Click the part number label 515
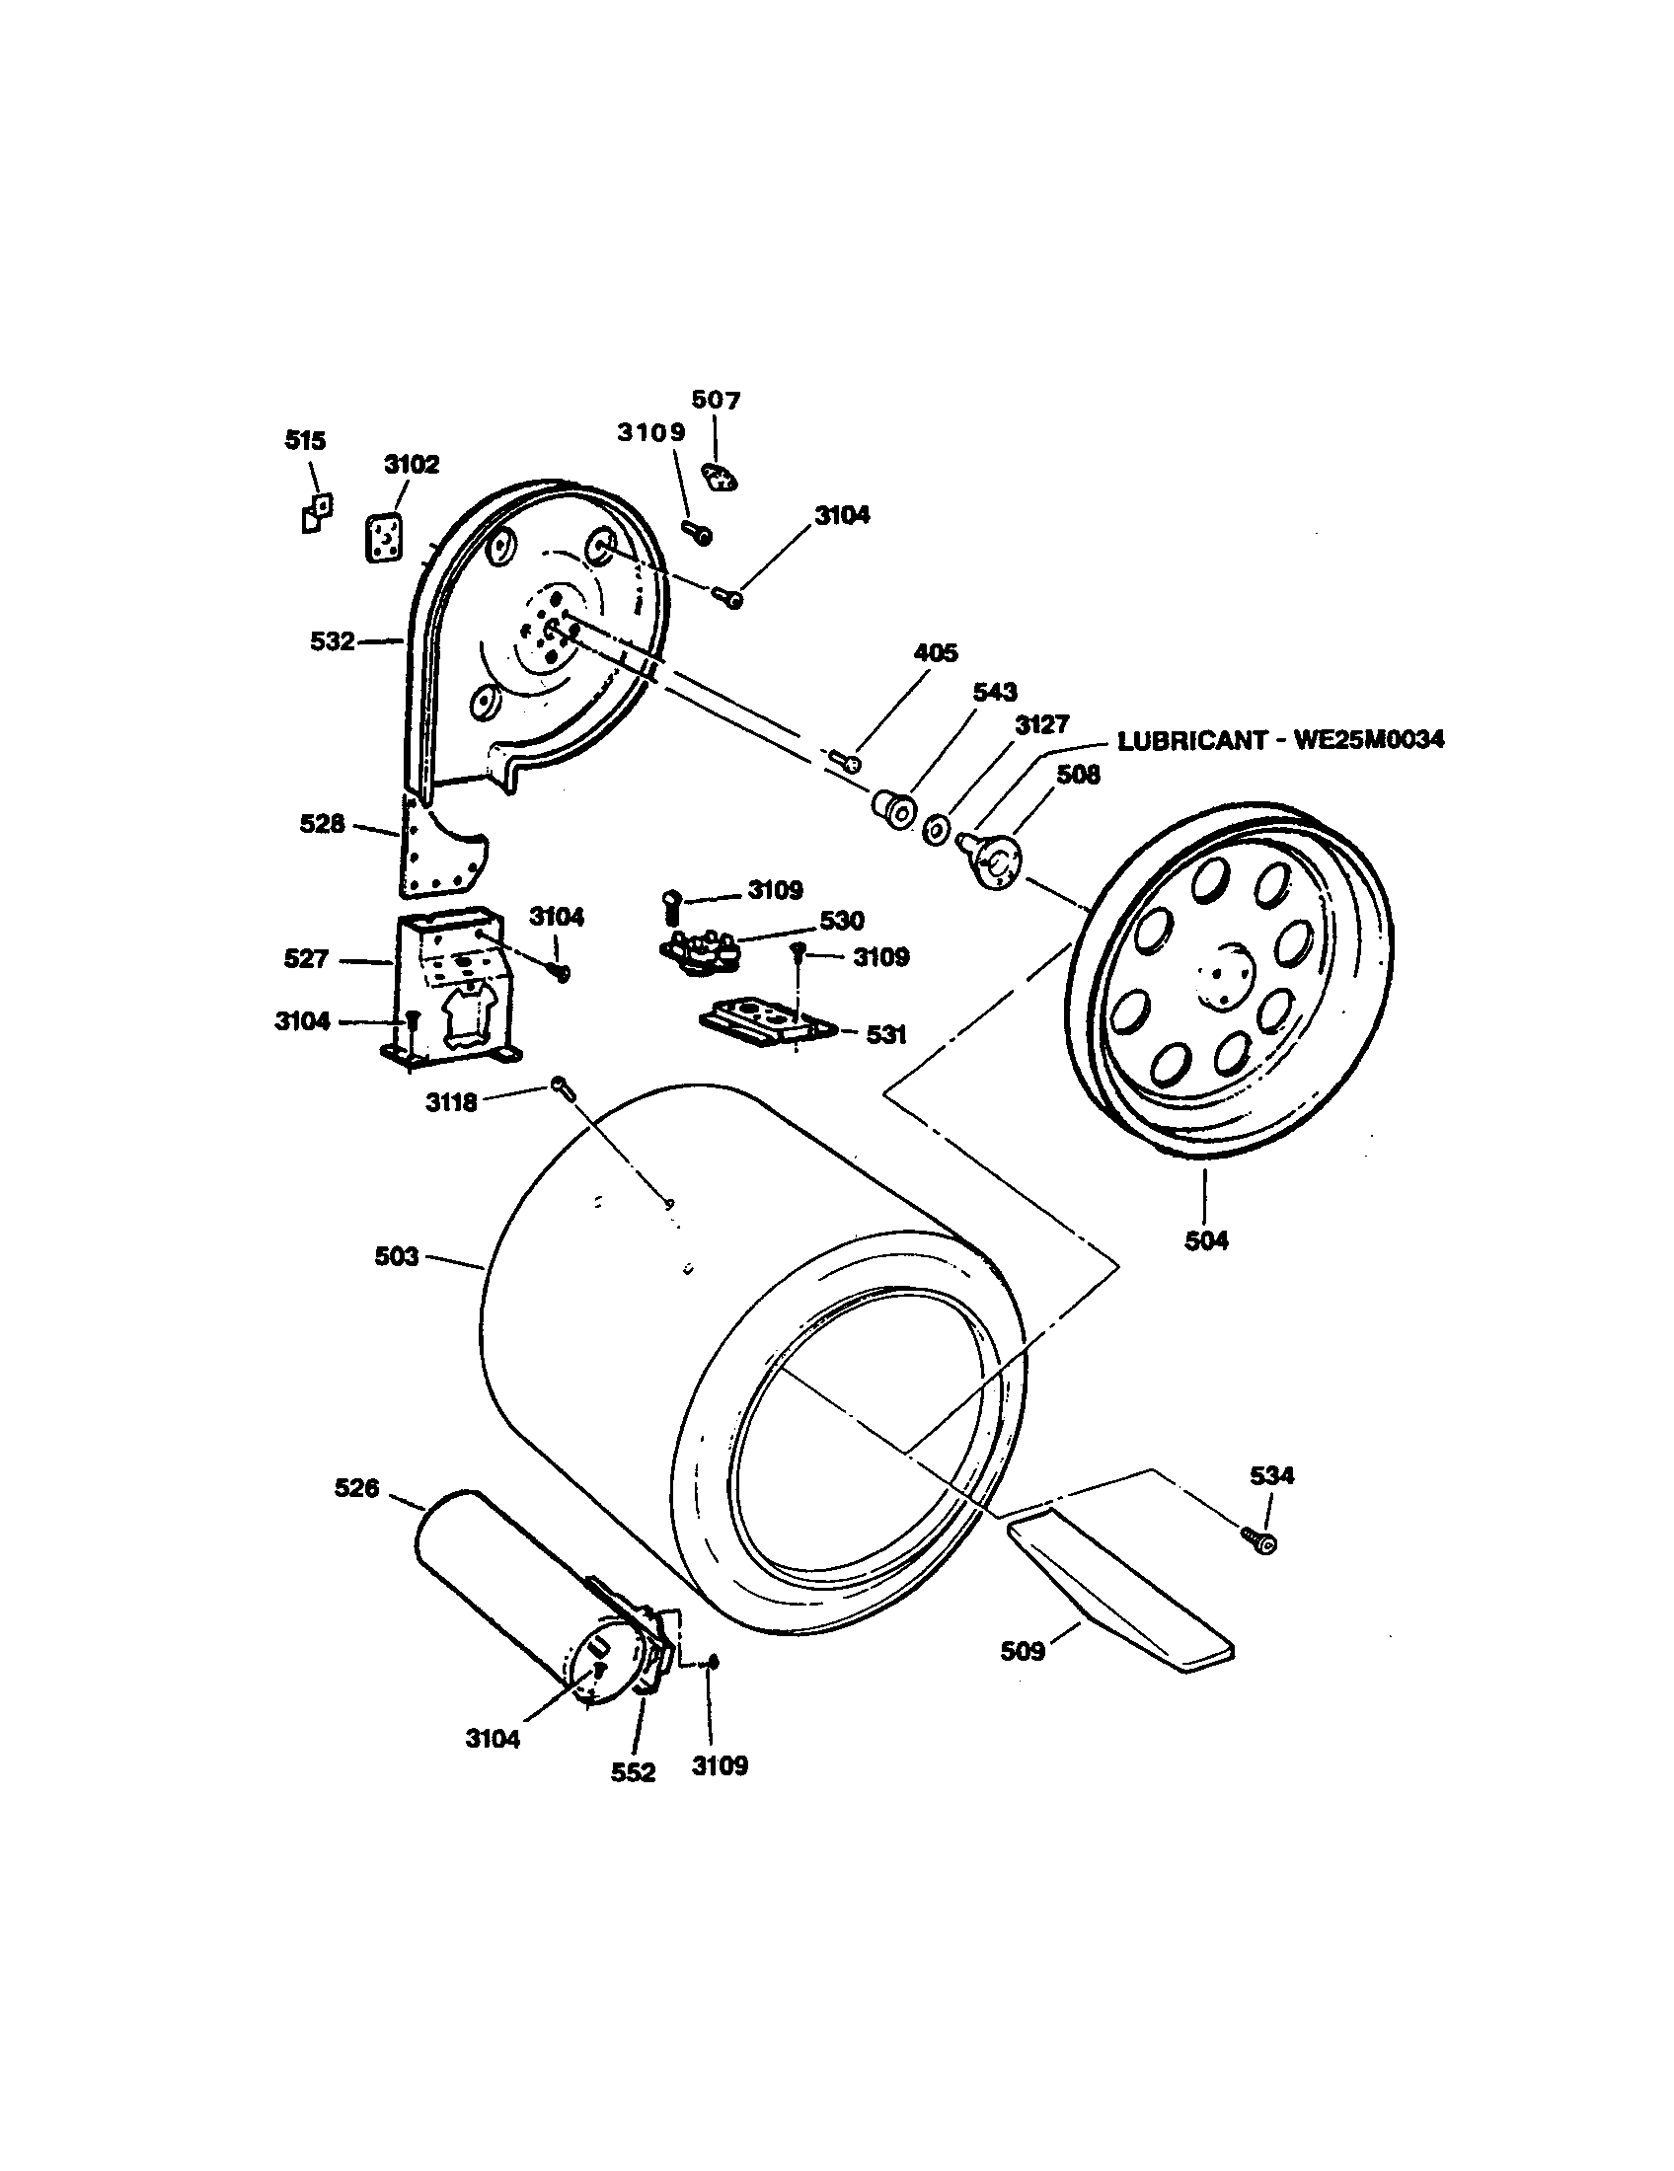(x=305, y=440)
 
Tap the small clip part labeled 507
(x=719, y=478)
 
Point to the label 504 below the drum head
(x=1206, y=1240)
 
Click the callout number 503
(x=396, y=1256)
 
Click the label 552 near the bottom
(x=634, y=1772)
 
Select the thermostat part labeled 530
(x=701, y=948)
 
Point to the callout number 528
(x=322, y=823)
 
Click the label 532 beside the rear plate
(x=332, y=641)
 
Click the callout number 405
(x=935, y=653)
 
